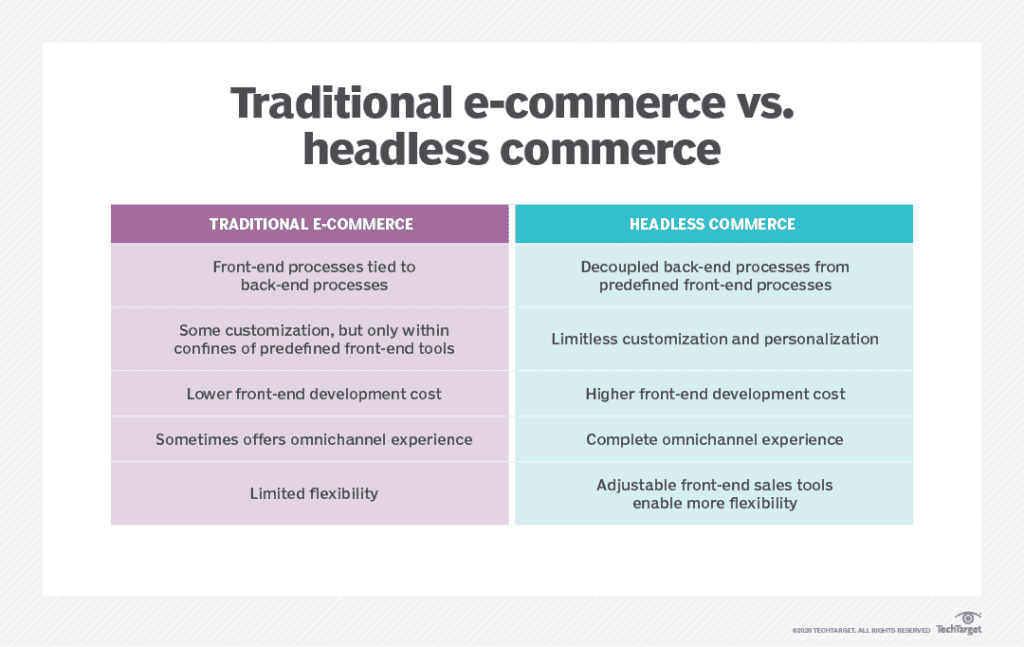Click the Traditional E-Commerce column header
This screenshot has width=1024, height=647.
310,224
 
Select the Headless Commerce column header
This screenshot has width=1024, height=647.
714,224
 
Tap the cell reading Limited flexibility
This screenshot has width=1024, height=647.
310,494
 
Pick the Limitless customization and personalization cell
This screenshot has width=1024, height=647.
714,339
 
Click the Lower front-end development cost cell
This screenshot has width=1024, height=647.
310,394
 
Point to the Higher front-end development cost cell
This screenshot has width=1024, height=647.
714,394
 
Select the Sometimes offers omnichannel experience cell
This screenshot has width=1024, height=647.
310,439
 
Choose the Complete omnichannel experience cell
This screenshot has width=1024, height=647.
714,439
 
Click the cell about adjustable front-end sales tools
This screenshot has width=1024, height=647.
714,494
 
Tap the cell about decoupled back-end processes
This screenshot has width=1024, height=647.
714,276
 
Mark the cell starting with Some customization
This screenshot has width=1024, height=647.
310,339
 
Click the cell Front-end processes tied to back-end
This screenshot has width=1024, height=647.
310,276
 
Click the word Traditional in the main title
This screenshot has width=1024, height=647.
341,103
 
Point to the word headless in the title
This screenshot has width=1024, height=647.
396,150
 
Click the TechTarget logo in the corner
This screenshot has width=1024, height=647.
959,623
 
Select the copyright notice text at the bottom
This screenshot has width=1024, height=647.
861,631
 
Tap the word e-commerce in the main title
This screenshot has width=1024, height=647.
594,103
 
